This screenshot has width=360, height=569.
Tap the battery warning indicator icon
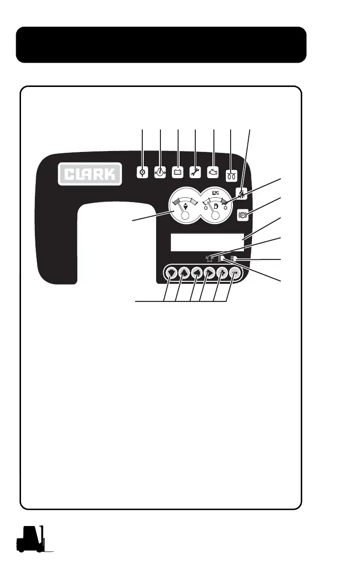pos(178,172)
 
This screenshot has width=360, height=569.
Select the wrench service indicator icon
pos(195,172)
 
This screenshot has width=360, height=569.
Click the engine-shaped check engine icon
pos(213,172)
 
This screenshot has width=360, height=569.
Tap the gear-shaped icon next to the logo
pos(142,172)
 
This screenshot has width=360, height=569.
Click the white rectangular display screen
pos(207,242)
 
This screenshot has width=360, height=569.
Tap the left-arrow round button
pos(196,273)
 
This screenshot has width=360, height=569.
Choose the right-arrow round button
pos(209,273)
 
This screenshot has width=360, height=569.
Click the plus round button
pos(222,273)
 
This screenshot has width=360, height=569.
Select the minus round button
pos(234,273)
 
